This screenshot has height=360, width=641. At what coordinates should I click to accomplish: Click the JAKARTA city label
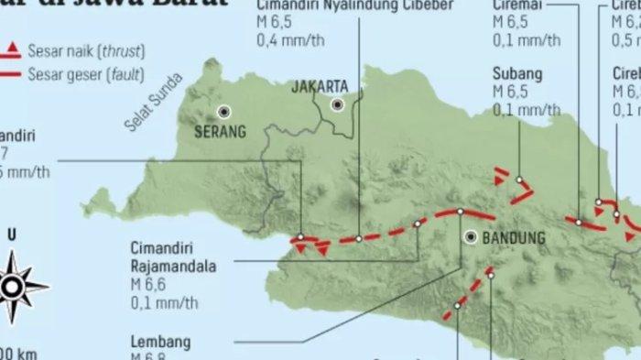(320, 87)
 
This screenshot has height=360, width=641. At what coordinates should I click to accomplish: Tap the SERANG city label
(220, 131)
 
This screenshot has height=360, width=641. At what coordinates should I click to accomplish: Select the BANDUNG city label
(513, 238)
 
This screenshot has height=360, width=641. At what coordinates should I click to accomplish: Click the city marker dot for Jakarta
(338, 105)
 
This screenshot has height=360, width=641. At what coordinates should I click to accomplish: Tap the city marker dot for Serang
(223, 112)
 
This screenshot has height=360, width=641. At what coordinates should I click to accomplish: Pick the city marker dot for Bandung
(471, 236)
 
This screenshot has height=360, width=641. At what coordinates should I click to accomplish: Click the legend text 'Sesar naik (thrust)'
(86, 51)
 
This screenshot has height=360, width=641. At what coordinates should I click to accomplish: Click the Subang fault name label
(517, 73)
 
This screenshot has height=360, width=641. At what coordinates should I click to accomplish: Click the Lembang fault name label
(160, 343)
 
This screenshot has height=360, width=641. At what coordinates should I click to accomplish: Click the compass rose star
(12, 285)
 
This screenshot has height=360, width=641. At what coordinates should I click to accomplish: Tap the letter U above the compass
(11, 235)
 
